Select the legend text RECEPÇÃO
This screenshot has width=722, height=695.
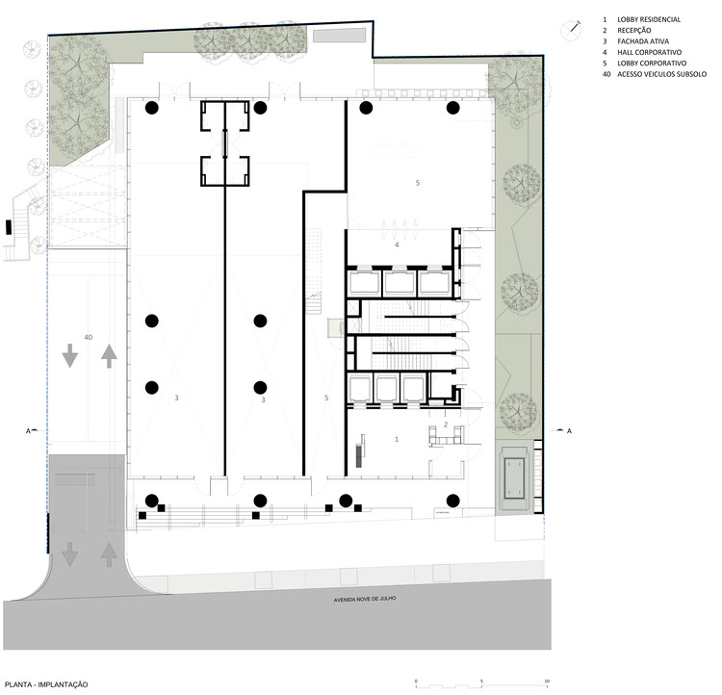[x=634, y=31]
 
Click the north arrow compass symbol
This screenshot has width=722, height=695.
[x=572, y=30]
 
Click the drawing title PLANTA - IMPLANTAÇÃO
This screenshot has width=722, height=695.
[x=46, y=683]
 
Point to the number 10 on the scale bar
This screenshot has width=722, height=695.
[x=547, y=680]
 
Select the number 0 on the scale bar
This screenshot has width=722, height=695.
[x=416, y=680]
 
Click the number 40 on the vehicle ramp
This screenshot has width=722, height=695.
[x=88, y=338]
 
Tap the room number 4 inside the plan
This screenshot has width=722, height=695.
[x=396, y=245]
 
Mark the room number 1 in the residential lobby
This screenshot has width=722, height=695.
[x=397, y=438]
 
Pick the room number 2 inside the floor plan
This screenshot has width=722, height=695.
[x=445, y=425]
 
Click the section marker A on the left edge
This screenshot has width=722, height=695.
[x=29, y=430]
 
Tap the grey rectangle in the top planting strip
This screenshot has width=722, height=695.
[x=339, y=37]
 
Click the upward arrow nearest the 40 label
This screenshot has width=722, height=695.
[x=109, y=355]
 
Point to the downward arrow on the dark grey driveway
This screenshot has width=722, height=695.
[x=69, y=555]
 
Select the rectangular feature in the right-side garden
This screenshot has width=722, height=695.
[x=515, y=476]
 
